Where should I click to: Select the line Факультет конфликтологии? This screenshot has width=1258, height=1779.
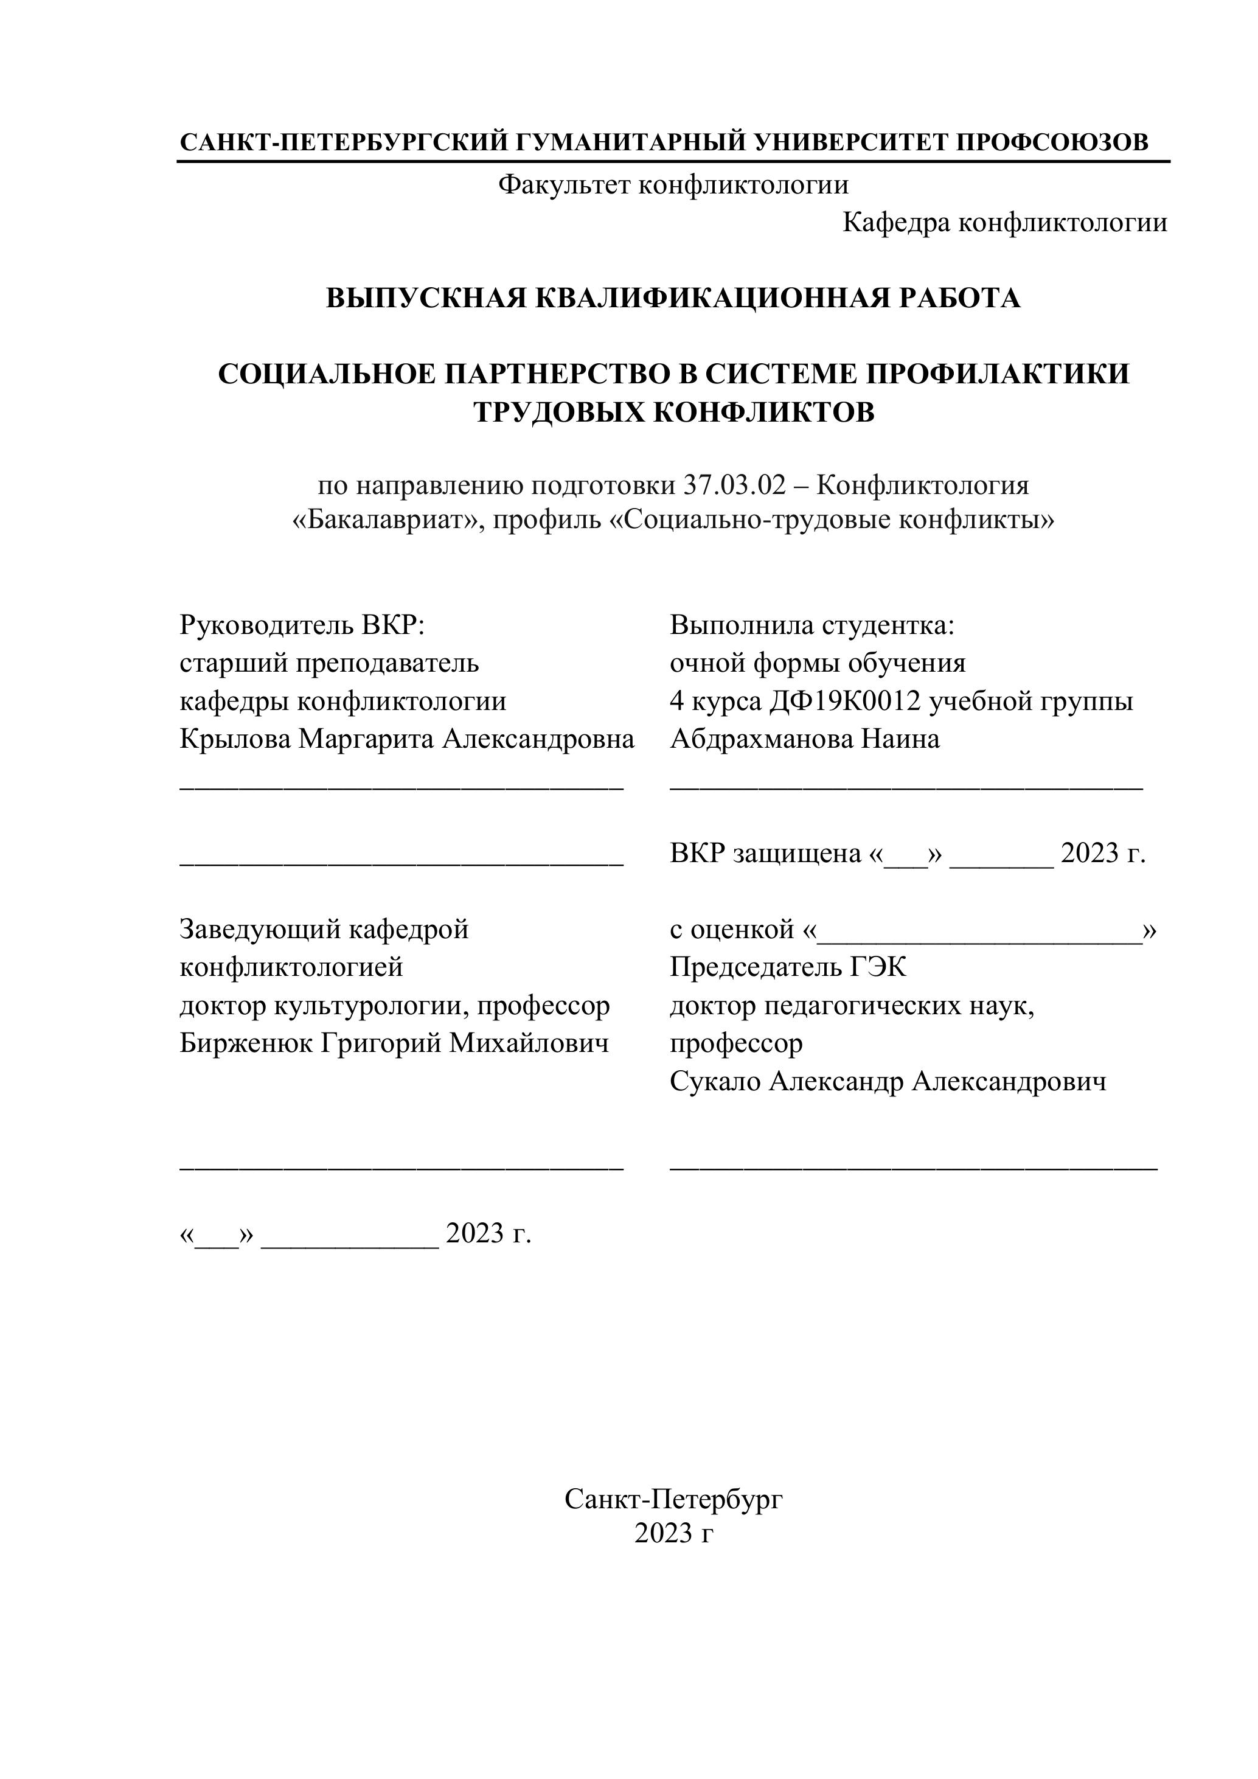(x=673, y=184)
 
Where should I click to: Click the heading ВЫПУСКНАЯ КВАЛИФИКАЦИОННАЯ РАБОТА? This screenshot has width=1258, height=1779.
(x=673, y=298)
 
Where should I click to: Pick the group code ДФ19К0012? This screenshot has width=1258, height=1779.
(x=844, y=702)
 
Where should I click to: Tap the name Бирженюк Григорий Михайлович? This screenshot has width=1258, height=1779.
(x=394, y=1043)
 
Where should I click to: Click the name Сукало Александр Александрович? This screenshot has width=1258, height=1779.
(x=888, y=1081)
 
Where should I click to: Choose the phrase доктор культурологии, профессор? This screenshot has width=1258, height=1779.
(x=394, y=1006)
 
